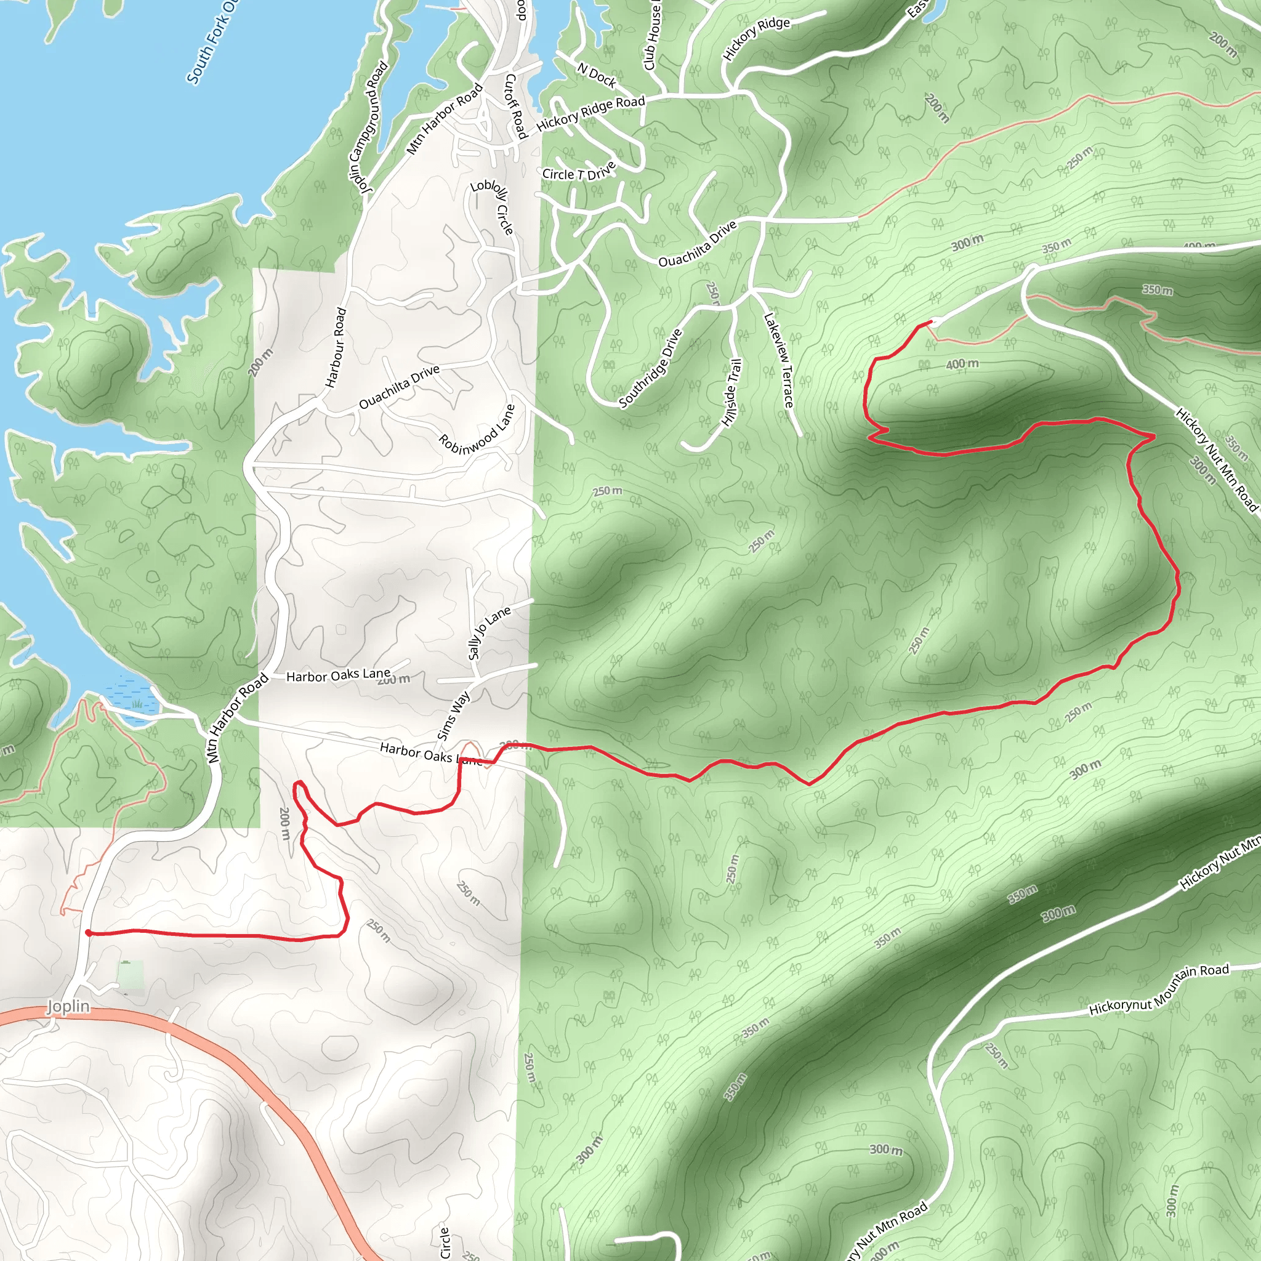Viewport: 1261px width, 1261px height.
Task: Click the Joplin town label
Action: click(68, 1006)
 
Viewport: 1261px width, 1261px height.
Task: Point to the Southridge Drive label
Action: click(650, 368)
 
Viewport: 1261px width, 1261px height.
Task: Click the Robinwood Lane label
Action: click(477, 430)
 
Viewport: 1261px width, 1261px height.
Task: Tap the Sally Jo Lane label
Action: click(489, 631)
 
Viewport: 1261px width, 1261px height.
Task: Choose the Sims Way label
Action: click(453, 715)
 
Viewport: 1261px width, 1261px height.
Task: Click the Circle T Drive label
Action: click(579, 172)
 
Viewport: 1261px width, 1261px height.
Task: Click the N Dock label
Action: click(597, 76)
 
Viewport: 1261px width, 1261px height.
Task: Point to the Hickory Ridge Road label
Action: click(590, 112)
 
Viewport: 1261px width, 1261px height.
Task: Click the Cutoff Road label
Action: click(515, 106)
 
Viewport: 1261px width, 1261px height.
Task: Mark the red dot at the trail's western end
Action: click(89, 933)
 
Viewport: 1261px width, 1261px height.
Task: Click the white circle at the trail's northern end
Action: click(935, 321)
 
